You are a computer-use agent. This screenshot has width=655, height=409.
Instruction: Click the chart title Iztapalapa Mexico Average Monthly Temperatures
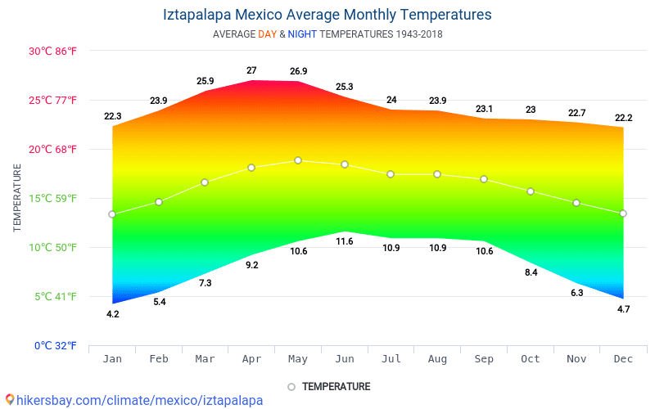pyautogui.click(x=327, y=15)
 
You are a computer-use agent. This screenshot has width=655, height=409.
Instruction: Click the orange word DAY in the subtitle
pyautogui.click(x=267, y=34)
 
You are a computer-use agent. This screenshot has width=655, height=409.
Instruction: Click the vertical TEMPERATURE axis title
pyautogui.click(x=17, y=197)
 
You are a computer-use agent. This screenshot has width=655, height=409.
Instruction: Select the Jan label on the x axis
pyautogui.click(x=112, y=360)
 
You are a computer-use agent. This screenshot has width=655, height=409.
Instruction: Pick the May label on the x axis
pyautogui.click(x=298, y=360)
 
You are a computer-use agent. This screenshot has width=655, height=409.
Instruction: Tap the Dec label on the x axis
pyautogui.click(x=623, y=360)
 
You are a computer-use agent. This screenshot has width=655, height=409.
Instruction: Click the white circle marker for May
pyautogui.click(x=298, y=160)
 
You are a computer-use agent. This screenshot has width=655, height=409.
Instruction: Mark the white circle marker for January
pyautogui.click(x=112, y=214)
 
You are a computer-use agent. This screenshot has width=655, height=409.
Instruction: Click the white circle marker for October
pyautogui.click(x=531, y=191)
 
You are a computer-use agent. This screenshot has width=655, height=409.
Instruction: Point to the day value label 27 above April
pyautogui.click(x=251, y=70)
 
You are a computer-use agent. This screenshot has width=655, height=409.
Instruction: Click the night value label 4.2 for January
pyautogui.click(x=112, y=314)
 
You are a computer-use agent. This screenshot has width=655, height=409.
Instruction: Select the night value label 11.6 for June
pyautogui.click(x=345, y=241)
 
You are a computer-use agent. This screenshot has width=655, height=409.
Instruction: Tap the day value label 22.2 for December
pyautogui.click(x=623, y=118)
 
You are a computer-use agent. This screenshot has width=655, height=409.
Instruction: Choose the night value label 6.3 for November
pyautogui.click(x=576, y=293)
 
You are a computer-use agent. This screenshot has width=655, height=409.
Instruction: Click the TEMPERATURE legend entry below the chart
pyautogui.click(x=336, y=386)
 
